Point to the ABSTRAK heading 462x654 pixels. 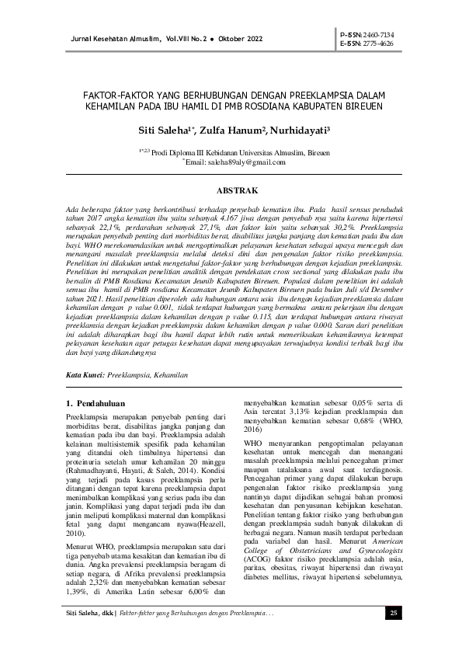(x=231, y=190)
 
